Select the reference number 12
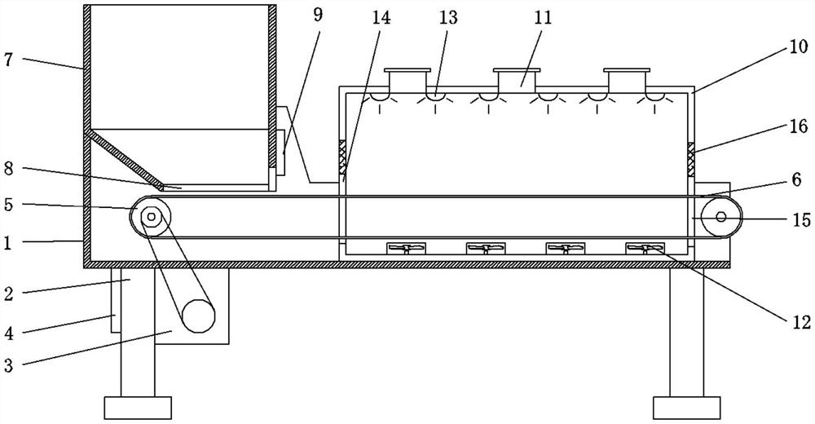[x=800, y=323]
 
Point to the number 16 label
[x=799, y=126]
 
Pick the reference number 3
[x=9, y=366]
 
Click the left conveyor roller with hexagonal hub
[x=152, y=218]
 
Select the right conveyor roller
[x=721, y=218]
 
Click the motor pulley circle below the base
[x=198, y=316]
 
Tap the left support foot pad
[x=138, y=405]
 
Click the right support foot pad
[x=686, y=405]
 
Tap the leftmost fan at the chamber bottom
[x=405, y=248]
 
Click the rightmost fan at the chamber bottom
[x=644, y=248]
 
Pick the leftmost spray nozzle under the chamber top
[x=379, y=98]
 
